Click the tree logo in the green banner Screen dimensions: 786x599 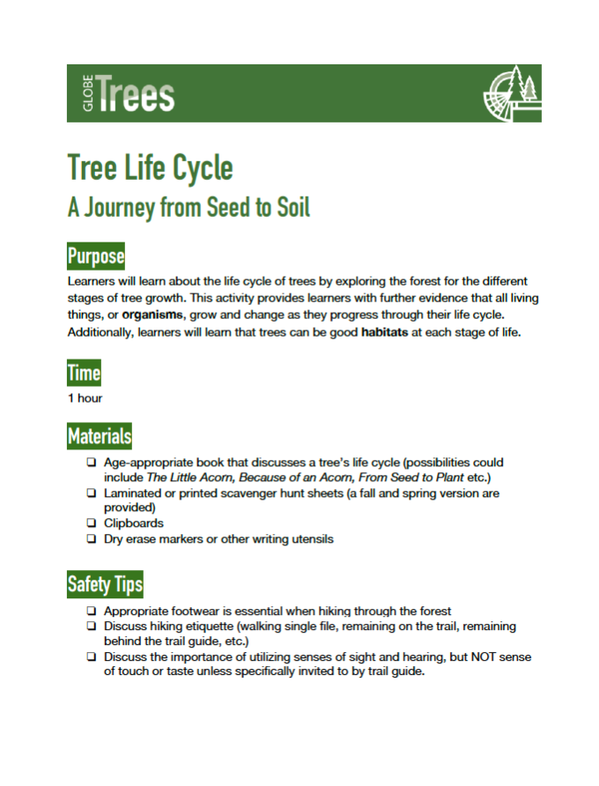[510, 93]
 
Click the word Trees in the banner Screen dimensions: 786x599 [137, 94]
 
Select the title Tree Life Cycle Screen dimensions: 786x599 [150, 167]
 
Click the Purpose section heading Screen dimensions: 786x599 [96, 257]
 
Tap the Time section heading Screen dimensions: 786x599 [84, 373]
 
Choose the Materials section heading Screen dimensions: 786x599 [100, 435]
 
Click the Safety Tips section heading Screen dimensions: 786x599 [105, 583]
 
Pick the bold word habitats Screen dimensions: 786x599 [389, 333]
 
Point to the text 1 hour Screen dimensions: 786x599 [85, 398]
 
